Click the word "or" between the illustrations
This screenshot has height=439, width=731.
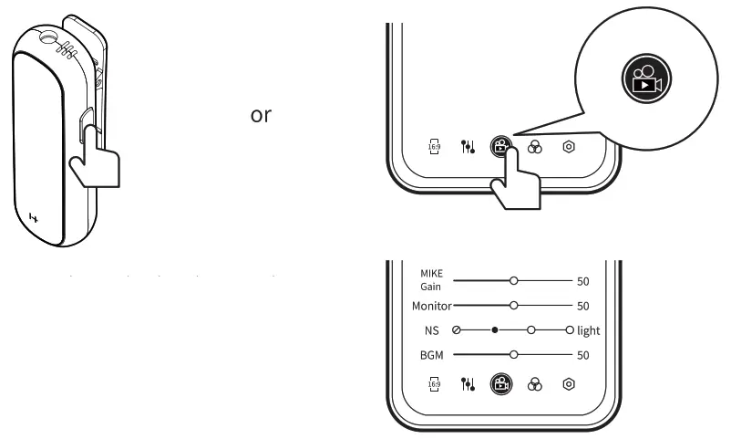click(260, 117)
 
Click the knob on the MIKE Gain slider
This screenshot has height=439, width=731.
click(514, 280)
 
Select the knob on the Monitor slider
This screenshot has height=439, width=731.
click(514, 305)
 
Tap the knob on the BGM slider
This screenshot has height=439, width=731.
click(514, 353)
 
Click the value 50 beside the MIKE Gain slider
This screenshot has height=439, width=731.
click(584, 280)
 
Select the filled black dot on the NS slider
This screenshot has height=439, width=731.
click(494, 329)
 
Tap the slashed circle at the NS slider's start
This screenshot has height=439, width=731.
click(457, 329)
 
